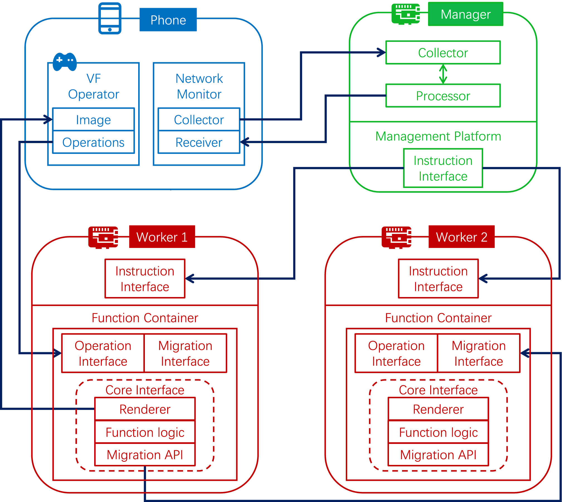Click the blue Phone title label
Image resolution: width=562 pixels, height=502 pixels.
click(168, 20)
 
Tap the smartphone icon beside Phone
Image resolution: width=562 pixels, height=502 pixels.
click(110, 18)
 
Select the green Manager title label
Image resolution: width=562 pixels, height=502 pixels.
click(465, 14)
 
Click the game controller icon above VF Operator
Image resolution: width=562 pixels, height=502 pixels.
click(65, 61)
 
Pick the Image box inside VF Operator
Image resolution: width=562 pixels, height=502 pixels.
click(93, 120)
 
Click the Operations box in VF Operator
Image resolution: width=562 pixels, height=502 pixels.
click(93, 142)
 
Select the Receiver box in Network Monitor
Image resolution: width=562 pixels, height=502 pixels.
click(199, 142)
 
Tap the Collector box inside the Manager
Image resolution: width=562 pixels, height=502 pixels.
click(443, 53)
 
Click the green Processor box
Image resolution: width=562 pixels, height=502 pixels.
click(443, 96)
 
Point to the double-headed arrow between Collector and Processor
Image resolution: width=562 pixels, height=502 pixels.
click(443, 74)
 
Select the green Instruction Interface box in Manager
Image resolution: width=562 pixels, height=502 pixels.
click(443, 168)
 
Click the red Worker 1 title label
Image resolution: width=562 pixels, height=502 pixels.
click(162, 237)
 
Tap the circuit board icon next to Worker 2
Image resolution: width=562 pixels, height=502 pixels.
click(396, 237)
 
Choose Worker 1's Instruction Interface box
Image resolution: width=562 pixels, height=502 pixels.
click(145, 279)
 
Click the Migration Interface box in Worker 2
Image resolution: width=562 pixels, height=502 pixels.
click(478, 353)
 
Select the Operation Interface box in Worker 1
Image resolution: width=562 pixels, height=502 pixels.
click(103, 353)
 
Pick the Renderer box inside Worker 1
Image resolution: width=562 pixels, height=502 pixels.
click(145, 409)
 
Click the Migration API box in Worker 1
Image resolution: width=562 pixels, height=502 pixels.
click(145, 455)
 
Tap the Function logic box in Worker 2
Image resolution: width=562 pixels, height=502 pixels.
click(438, 432)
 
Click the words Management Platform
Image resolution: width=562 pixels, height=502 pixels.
click(438, 136)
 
